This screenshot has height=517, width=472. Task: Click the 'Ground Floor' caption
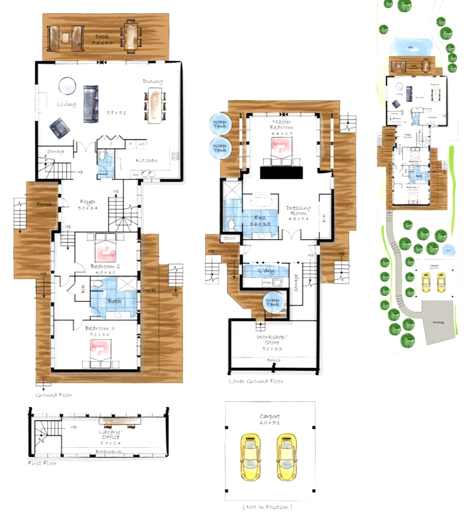click(x=54, y=394)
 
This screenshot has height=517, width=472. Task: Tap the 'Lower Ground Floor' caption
click(x=255, y=381)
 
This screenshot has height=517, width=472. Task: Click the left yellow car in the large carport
click(x=249, y=456)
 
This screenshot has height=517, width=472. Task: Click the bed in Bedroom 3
click(x=103, y=350)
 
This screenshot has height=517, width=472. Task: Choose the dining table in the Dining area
click(x=155, y=105)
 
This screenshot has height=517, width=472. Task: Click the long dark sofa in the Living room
click(x=91, y=103)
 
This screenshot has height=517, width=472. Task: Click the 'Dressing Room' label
click(x=299, y=212)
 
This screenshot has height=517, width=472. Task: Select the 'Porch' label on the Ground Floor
click(x=45, y=205)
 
